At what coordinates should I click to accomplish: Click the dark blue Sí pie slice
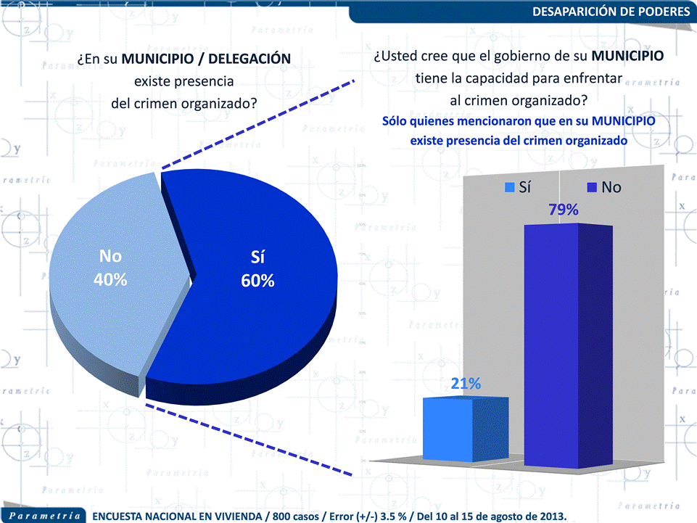(x=261, y=305)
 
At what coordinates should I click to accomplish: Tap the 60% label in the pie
(x=257, y=281)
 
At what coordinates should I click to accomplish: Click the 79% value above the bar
(x=562, y=210)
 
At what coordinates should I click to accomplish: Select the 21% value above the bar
(x=466, y=384)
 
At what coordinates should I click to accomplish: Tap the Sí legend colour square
(x=509, y=188)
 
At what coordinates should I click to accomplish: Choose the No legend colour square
(x=590, y=188)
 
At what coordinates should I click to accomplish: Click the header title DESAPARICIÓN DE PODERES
(x=611, y=12)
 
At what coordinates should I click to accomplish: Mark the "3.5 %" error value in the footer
(x=406, y=516)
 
